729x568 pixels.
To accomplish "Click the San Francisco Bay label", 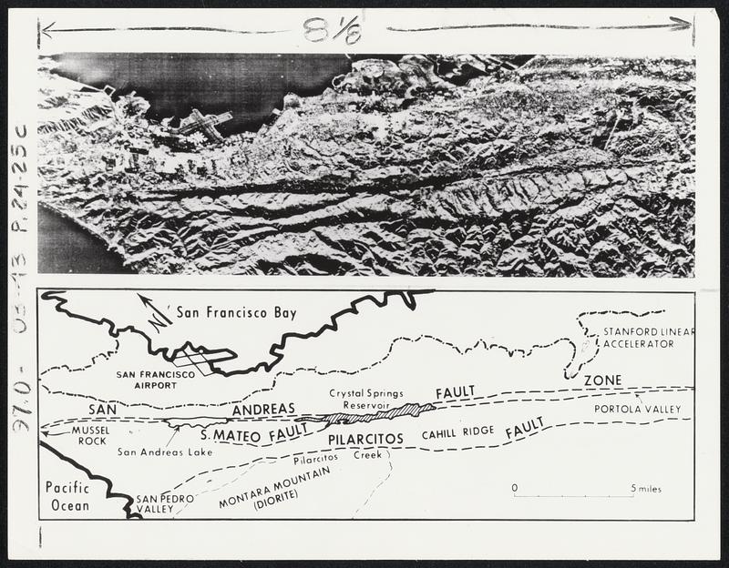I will (x=236, y=313).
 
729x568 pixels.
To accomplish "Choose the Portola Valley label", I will (x=637, y=409).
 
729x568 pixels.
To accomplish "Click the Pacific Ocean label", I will (x=67, y=495).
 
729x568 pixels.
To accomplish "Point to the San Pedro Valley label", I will (x=159, y=504).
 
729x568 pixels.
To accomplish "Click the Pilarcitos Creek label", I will (x=337, y=455).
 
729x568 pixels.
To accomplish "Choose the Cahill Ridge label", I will (x=457, y=433).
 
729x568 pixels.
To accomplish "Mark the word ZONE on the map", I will (x=603, y=380).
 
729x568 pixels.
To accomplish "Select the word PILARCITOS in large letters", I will (x=365, y=439).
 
